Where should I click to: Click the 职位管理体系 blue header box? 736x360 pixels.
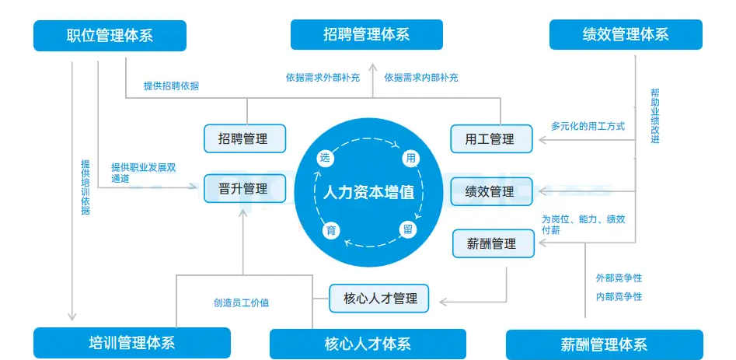click(x=110, y=36)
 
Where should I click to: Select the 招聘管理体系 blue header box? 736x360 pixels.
click(x=366, y=35)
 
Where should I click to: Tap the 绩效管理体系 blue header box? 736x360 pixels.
click(x=625, y=35)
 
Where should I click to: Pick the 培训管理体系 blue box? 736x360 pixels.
click(x=131, y=343)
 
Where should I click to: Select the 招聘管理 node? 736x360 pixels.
click(x=244, y=138)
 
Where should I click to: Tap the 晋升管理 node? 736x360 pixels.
click(x=244, y=189)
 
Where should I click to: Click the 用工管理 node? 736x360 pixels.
click(x=491, y=139)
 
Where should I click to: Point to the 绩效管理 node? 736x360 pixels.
click(x=491, y=191)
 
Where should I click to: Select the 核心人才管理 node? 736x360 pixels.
click(x=379, y=298)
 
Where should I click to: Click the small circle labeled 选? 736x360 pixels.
click(x=326, y=158)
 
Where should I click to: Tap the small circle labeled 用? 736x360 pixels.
click(x=410, y=159)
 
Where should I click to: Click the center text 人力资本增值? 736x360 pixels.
click(x=368, y=192)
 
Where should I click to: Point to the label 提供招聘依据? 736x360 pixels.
click(x=171, y=86)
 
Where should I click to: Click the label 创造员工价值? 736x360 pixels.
click(x=241, y=302)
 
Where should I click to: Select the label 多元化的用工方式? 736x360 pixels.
click(x=588, y=125)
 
